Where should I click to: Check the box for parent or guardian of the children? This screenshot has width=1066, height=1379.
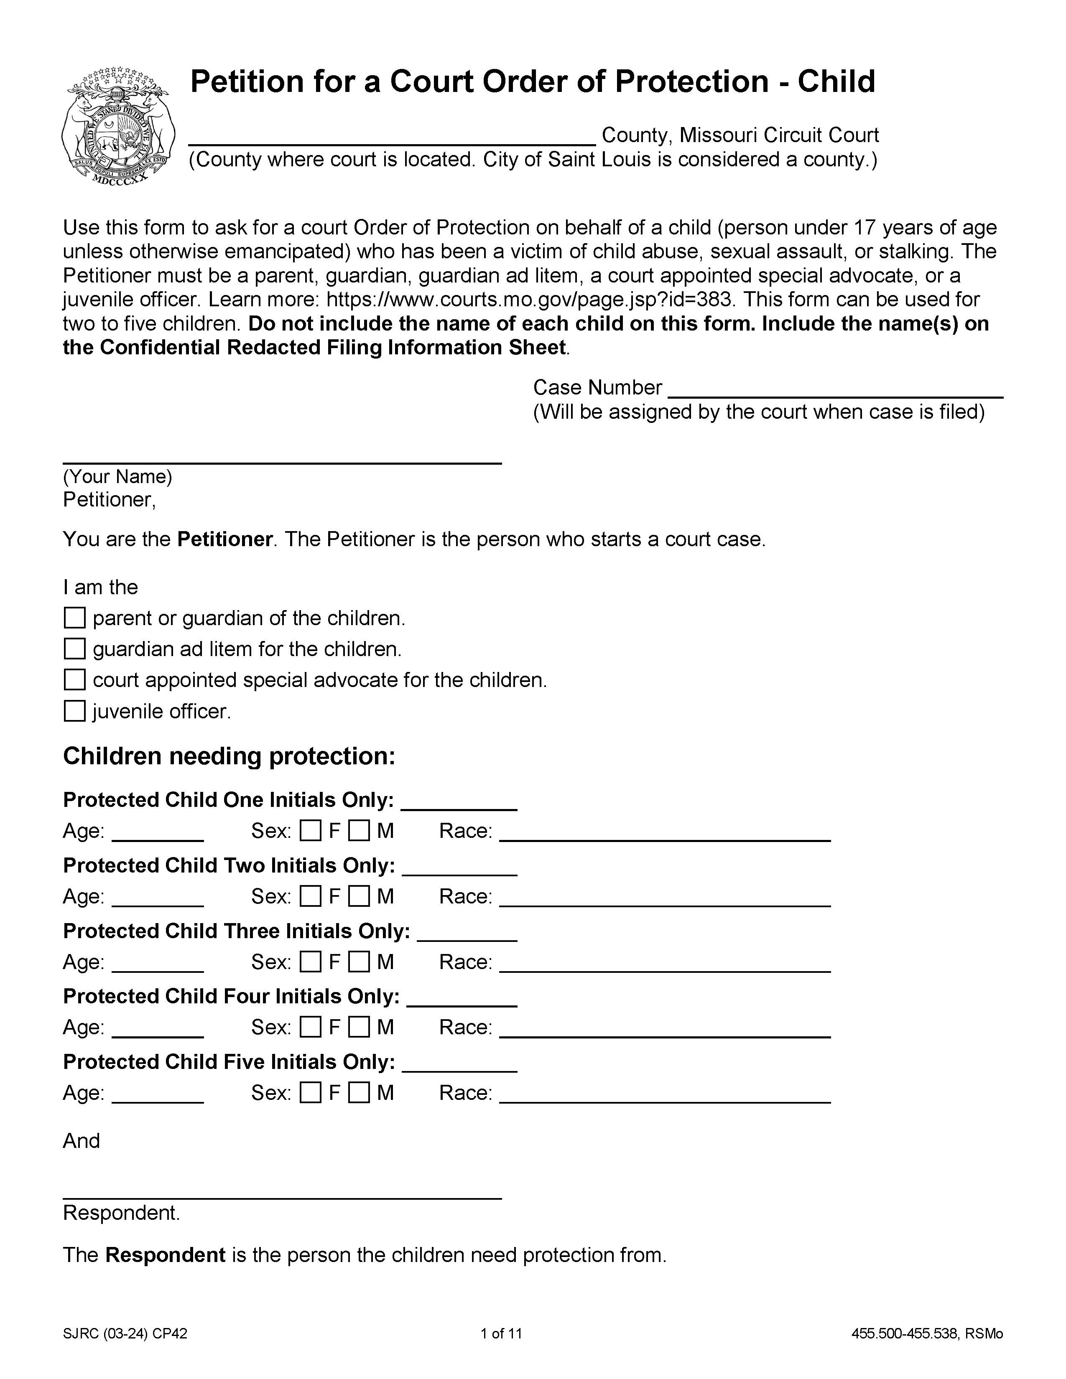(x=74, y=618)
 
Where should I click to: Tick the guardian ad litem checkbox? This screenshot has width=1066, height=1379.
(x=74, y=649)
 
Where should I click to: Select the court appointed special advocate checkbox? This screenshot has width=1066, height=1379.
(x=74, y=679)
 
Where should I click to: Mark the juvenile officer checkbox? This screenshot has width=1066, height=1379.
(x=74, y=711)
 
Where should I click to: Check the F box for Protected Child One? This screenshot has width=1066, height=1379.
(x=310, y=830)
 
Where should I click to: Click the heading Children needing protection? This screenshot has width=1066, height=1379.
(x=229, y=756)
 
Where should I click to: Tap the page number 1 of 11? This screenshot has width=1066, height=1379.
(x=501, y=1333)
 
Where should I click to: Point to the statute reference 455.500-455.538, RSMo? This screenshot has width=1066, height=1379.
(x=926, y=1333)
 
